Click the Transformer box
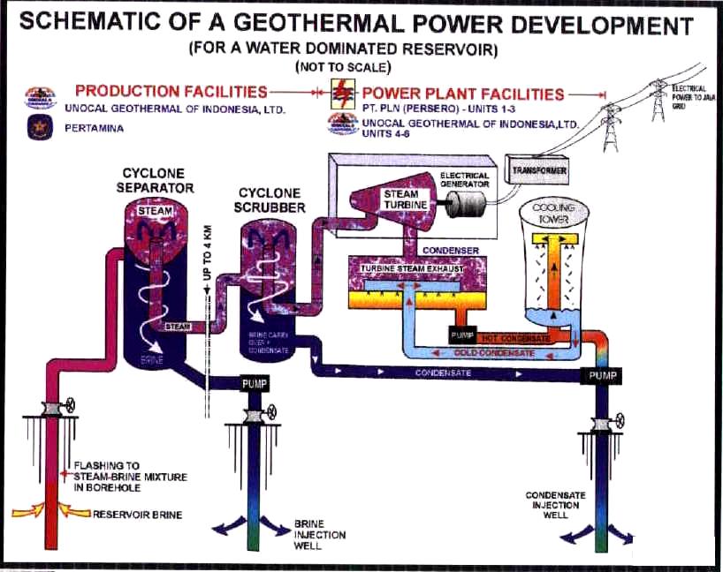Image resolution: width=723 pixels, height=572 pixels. [537, 167]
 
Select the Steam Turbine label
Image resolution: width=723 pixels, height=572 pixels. [406, 199]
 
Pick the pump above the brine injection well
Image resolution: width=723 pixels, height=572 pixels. [255, 385]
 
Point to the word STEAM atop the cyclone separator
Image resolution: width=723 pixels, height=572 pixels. [156, 211]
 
